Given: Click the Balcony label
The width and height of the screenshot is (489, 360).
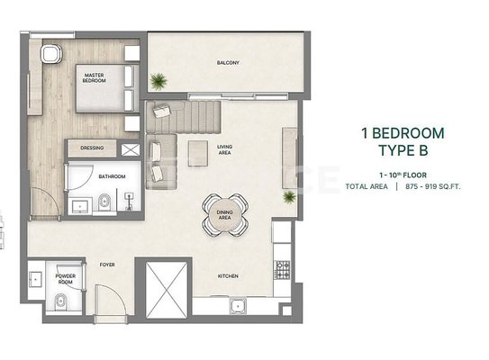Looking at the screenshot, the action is point(228,63).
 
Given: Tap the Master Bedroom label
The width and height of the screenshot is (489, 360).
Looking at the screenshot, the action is point(95,77).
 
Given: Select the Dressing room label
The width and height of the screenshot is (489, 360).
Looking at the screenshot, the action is point(92,148).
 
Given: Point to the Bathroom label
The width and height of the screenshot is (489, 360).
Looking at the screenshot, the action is point(112,176).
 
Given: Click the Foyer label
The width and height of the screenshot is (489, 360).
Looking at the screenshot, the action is point(107,265).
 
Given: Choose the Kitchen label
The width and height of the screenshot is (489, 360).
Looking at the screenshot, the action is point(228,275).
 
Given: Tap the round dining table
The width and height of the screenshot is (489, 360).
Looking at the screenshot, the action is point(225,215).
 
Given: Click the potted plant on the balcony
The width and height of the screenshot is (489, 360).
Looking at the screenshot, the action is point(158,81).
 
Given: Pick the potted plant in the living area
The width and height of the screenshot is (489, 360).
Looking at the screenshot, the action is point(289,197).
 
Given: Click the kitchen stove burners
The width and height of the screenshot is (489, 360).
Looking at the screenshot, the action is point(282,270).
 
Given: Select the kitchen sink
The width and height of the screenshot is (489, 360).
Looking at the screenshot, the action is point(238,306).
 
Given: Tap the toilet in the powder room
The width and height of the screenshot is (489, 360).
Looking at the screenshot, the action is point(61,301).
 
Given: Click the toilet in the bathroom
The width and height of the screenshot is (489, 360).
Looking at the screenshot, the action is point(104,202).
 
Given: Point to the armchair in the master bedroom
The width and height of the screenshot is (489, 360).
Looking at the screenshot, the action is point(51,54).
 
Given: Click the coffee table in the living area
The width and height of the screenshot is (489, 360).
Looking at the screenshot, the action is point(198,153).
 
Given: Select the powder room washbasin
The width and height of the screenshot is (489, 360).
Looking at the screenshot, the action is point(35,279).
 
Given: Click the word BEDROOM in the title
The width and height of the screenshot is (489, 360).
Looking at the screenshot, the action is point(408,133).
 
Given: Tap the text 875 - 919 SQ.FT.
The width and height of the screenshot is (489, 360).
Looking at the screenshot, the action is point(433,186).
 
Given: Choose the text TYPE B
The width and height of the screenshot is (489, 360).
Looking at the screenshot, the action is point(403,150).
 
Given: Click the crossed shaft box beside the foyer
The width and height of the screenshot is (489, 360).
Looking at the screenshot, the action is point(167,290).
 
